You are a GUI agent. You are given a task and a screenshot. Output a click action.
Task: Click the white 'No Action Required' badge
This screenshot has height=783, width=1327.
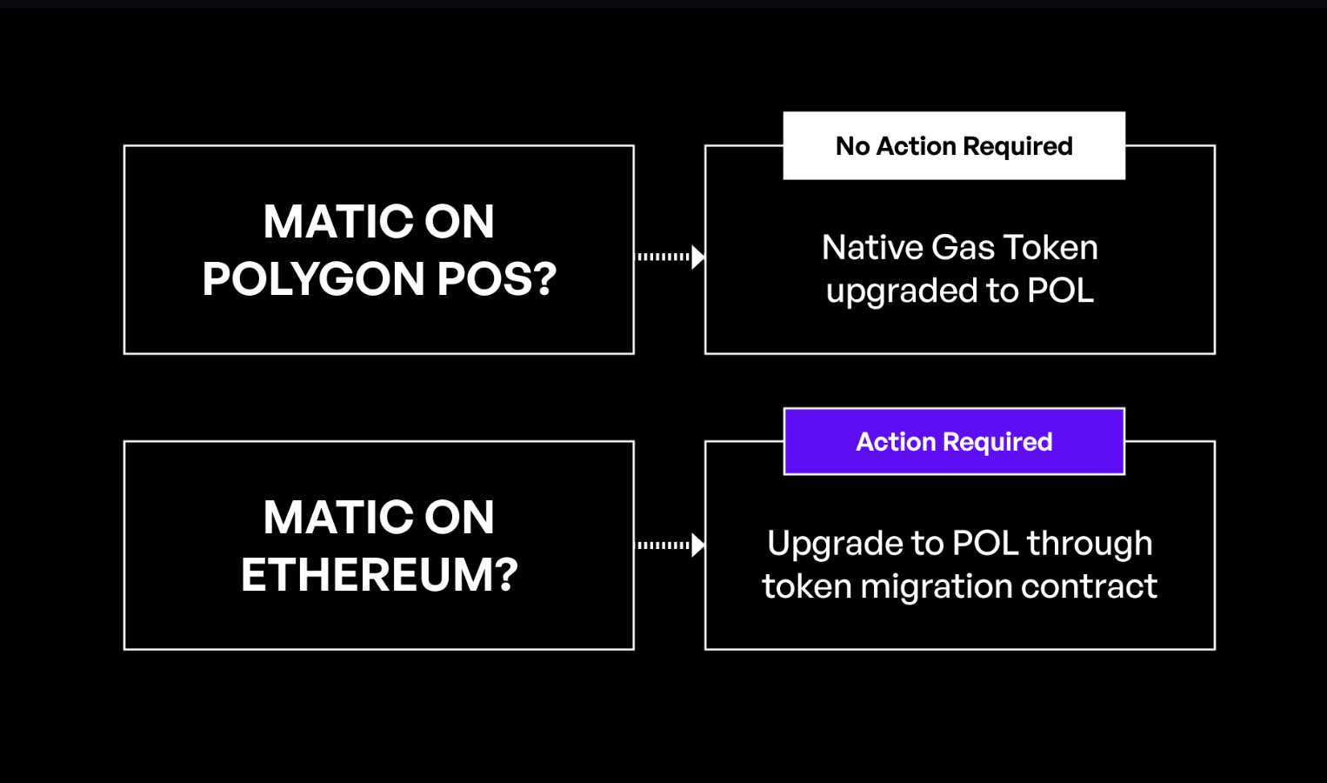point(954,146)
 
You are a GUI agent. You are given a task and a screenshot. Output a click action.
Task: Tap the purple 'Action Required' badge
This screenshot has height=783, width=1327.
point(954,442)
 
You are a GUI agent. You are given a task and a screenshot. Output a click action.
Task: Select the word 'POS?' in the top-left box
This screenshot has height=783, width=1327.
point(497,279)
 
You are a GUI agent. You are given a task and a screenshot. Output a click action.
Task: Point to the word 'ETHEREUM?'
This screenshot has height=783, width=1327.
point(379,575)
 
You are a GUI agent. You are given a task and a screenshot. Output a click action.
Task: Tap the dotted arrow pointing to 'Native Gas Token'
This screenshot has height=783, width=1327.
point(670,258)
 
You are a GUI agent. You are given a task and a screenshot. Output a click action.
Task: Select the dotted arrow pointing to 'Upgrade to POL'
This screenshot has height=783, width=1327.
point(670,545)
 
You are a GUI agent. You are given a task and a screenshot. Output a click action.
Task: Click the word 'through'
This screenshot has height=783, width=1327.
point(1090,543)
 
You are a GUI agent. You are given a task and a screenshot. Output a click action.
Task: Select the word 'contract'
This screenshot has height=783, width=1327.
point(1089,586)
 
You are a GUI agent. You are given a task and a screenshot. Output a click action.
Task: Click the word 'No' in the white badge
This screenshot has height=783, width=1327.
point(852,146)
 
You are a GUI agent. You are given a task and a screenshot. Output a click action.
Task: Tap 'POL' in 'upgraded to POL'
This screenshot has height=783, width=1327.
point(1060,291)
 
